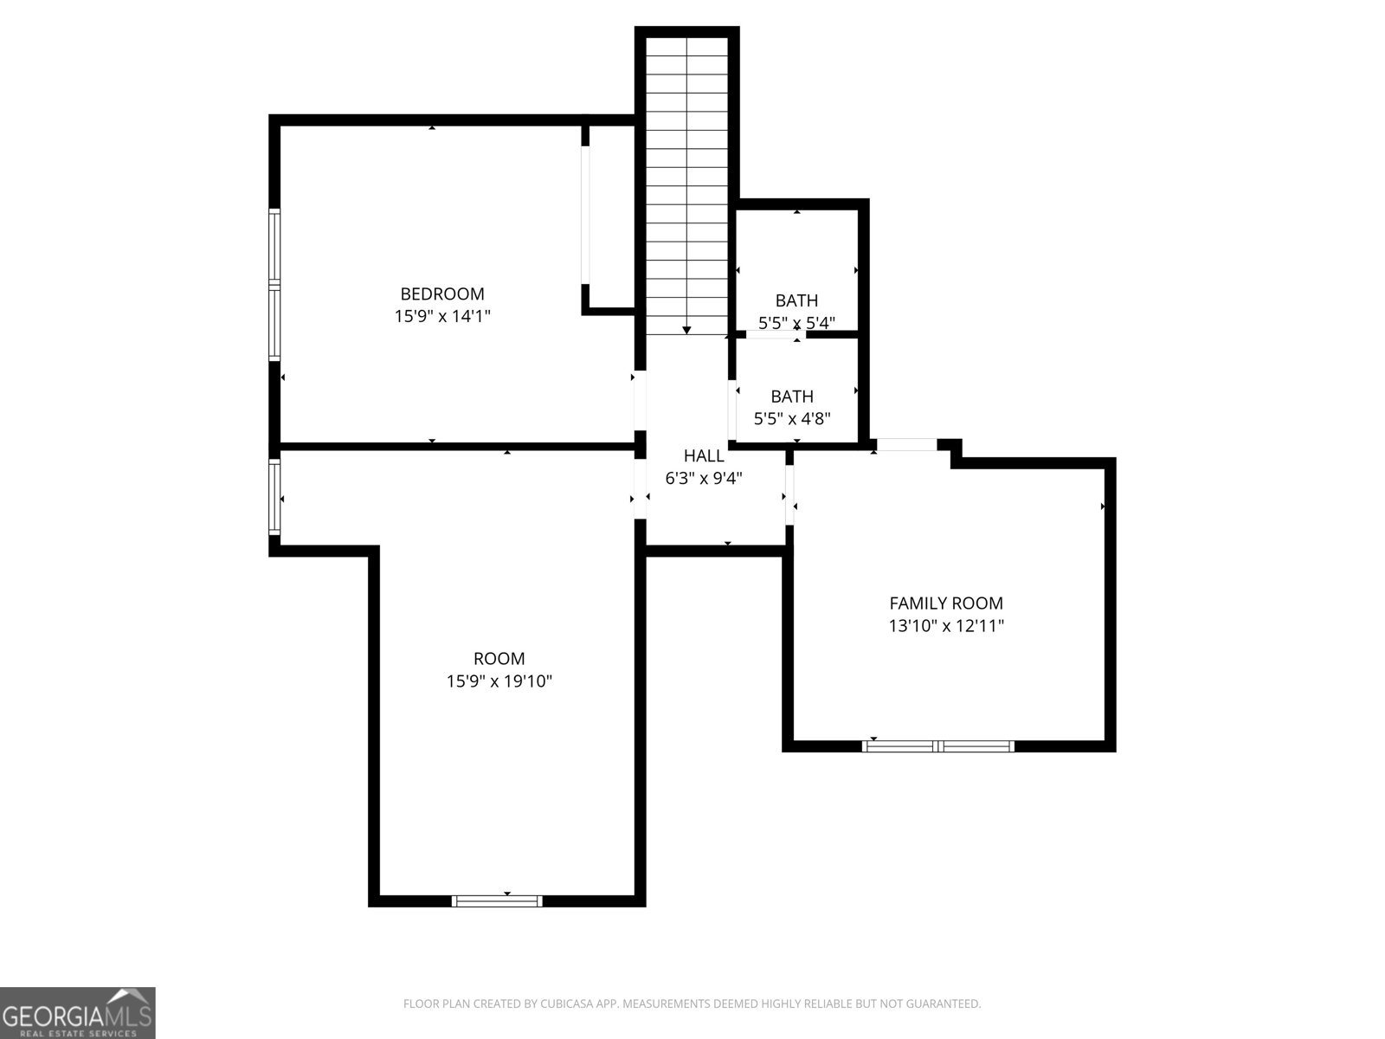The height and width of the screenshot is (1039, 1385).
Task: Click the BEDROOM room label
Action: click(x=441, y=294)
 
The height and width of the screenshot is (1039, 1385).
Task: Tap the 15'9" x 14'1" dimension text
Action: click(x=441, y=317)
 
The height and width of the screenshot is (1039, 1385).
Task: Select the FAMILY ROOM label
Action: click(x=946, y=603)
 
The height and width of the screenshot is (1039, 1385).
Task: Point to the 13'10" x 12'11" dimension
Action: click(x=946, y=626)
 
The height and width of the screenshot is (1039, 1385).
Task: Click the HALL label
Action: click(x=703, y=455)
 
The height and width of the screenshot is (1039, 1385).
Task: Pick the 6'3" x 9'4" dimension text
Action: click(x=703, y=478)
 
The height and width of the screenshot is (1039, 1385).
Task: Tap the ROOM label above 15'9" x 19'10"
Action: click(x=499, y=659)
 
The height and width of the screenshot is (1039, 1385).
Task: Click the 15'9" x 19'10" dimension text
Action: click(x=499, y=681)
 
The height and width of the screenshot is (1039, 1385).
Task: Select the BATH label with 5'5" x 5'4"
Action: click(x=796, y=300)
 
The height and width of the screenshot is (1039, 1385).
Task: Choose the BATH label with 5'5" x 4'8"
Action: click(x=792, y=397)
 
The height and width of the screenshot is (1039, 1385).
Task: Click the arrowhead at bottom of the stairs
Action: click(x=686, y=330)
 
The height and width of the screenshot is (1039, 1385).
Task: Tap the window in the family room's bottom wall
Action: click(x=938, y=745)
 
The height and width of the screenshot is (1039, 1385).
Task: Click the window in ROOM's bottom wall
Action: click(x=498, y=900)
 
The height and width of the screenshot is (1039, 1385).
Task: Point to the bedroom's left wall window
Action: click(x=274, y=284)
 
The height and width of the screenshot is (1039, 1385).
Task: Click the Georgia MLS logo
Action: click(x=77, y=1012)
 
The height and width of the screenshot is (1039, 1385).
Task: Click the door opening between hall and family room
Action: click(x=789, y=494)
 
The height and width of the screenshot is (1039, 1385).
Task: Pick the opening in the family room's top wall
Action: click(x=906, y=445)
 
